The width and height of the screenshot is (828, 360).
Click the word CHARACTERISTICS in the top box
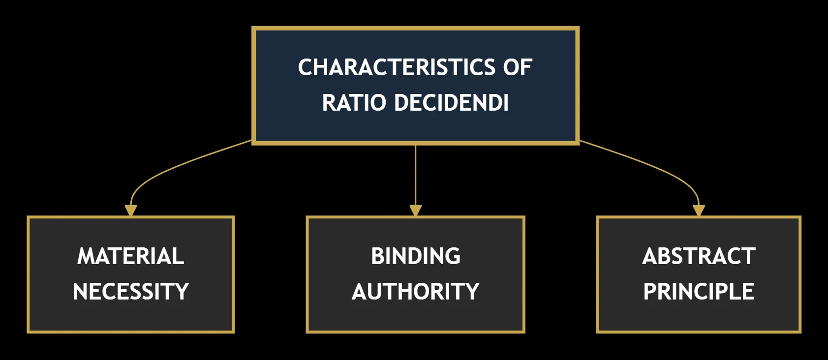coord(397,67)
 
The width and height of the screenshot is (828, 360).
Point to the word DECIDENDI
coord(451,102)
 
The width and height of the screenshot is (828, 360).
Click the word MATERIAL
coord(130,256)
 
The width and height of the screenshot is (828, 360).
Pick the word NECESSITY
coord(131,291)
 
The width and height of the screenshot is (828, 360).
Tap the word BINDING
coord(416,256)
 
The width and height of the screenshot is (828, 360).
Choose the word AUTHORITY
coord(416,291)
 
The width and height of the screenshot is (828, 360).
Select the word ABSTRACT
coord(699,256)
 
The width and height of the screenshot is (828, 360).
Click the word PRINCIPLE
coord(699,291)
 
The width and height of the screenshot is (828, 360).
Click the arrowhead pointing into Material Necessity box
coord(131,210)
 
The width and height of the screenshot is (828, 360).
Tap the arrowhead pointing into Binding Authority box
coord(416,210)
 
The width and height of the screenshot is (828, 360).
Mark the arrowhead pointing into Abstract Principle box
coord(699,210)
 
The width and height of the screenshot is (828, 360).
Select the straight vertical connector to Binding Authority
coord(416,175)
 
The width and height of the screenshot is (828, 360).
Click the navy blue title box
coord(416,86)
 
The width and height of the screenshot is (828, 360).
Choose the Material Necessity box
coord(131,274)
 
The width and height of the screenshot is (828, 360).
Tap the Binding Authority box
coord(416,274)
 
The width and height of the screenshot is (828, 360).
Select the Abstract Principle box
coord(699,274)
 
